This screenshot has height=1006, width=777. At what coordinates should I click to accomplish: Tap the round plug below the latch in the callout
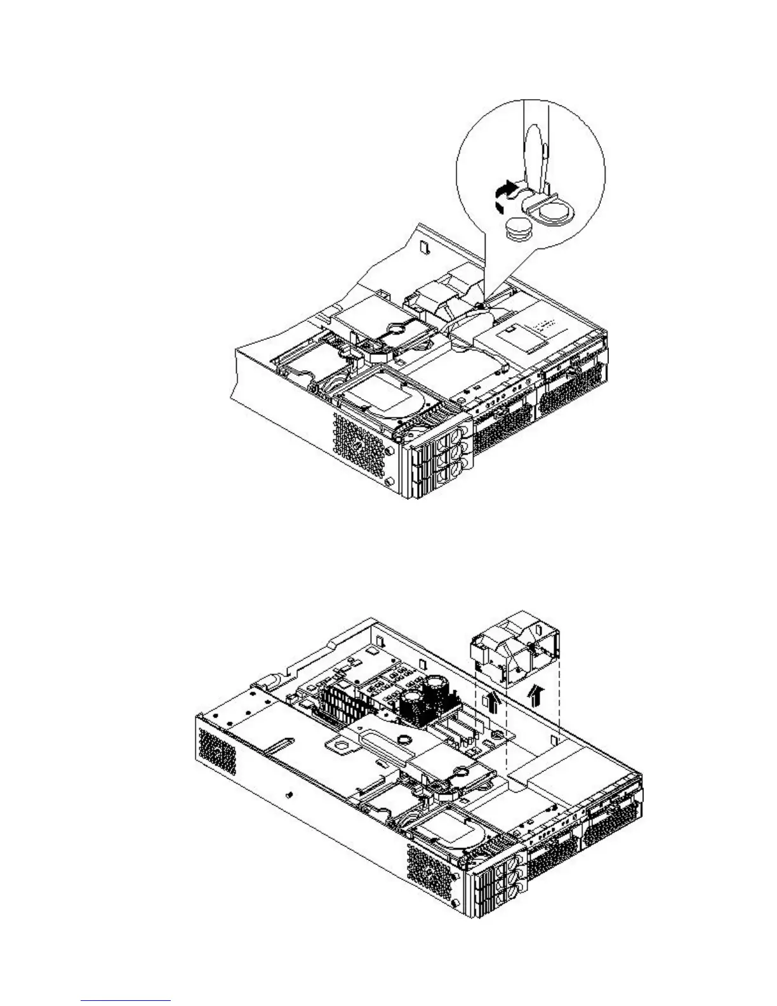[x=519, y=228]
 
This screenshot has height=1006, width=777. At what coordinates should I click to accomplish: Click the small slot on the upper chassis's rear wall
[x=426, y=244]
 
